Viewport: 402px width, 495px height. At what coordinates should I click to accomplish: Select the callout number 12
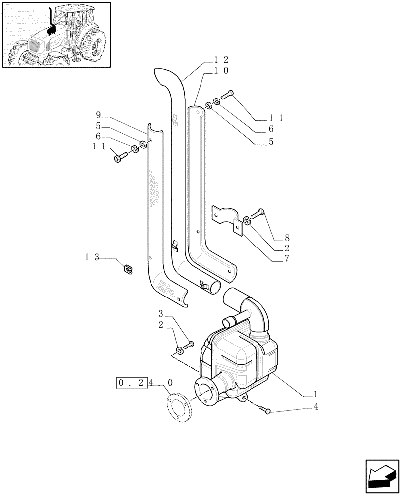click(221, 59)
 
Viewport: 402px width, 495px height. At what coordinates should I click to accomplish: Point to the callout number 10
click(221, 71)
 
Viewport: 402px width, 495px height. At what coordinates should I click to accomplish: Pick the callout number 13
click(92, 257)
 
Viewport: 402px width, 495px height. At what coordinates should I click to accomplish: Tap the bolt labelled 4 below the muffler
click(268, 410)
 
